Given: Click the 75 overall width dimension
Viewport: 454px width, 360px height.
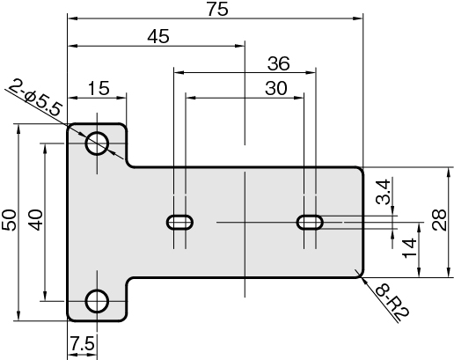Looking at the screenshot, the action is [217, 9].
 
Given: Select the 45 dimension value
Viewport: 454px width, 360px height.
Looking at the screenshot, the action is [158, 37].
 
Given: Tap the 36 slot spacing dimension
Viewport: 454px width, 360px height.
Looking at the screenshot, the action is [279, 63].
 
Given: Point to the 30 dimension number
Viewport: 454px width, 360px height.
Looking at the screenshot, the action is [276, 88].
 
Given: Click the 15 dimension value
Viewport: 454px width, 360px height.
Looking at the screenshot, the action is [99, 88].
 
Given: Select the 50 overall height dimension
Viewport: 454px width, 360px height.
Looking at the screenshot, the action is [9, 220].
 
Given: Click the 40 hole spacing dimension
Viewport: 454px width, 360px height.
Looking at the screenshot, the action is [35, 220].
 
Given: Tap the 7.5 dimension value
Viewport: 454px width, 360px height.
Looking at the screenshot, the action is [83, 343].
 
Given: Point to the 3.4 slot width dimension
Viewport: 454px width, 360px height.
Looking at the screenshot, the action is [383, 191].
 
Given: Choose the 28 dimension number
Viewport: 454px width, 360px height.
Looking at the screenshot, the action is [439, 220].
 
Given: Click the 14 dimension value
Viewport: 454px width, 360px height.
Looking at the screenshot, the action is [409, 248].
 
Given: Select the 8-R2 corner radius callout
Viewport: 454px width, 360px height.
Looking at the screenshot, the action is [392, 304].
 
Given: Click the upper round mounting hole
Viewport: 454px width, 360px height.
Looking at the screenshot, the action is [97, 143].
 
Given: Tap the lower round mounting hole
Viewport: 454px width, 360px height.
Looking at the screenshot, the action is [97, 301].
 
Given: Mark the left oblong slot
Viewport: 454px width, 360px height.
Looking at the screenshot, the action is [179, 222].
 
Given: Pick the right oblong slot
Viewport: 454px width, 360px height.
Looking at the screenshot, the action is [310, 222].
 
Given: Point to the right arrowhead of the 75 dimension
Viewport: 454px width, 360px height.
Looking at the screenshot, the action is [358, 18].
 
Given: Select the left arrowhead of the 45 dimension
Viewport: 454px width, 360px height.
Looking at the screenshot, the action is [72, 46].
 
